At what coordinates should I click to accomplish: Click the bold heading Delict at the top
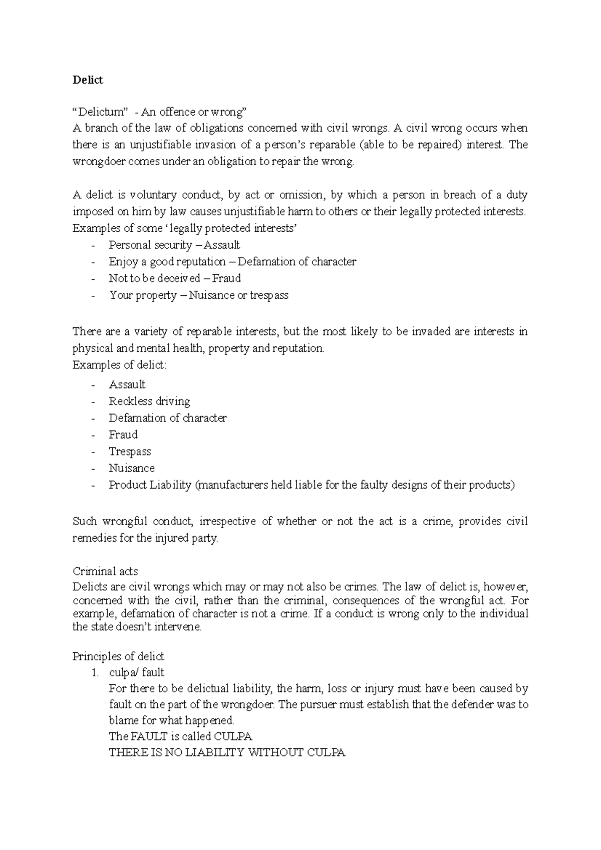(x=88, y=80)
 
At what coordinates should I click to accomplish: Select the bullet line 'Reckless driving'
(x=149, y=401)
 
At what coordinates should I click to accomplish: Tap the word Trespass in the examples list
(x=130, y=452)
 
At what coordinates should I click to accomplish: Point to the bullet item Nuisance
(x=132, y=469)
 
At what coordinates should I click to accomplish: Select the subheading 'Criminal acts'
(x=105, y=572)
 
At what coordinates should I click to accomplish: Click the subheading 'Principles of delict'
(x=118, y=656)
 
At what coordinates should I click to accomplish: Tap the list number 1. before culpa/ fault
(x=95, y=673)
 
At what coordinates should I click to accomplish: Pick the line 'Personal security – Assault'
(x=174, y=245)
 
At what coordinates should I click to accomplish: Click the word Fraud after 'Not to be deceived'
(x=226, y=278)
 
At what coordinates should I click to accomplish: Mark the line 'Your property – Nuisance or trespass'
(x=198, y=295)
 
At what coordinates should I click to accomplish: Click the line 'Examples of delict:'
(x=119, y=365)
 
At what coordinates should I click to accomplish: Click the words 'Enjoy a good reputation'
(x=167, y=262)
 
